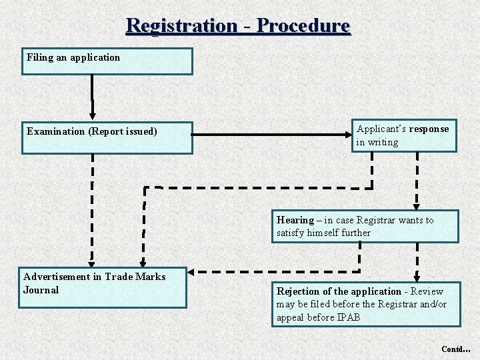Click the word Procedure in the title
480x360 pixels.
tap(303, 25)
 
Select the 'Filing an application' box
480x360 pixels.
tap(107, 61)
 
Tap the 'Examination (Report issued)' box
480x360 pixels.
tap(107, 138)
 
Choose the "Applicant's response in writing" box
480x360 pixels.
tap(404, 135)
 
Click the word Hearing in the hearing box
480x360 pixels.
tap(295, 220)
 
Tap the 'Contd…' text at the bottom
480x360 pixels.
tap(455, 349)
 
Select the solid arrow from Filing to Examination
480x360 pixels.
tap(92, 97)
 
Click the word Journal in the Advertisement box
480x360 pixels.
tap(41, 290)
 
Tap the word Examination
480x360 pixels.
tap(56, 131)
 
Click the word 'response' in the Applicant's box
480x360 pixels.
tap(429, 129)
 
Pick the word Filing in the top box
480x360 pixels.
tap(40, 57)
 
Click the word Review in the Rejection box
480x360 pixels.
tap(427, 291)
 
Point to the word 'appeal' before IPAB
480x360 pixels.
tap(291, 317)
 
